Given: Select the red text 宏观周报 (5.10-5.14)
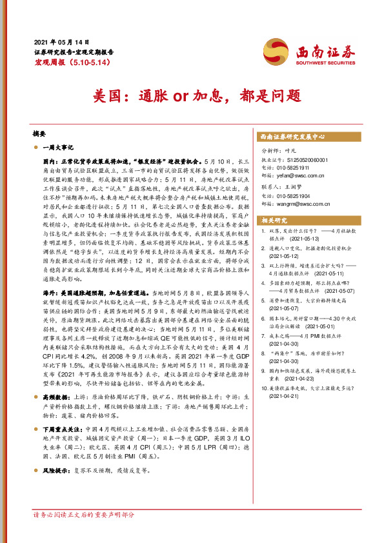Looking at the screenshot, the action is pos(69,62).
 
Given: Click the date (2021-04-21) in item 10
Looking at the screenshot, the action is pos(281,396).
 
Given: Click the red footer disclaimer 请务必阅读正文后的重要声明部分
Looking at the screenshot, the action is pos(84,515).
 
